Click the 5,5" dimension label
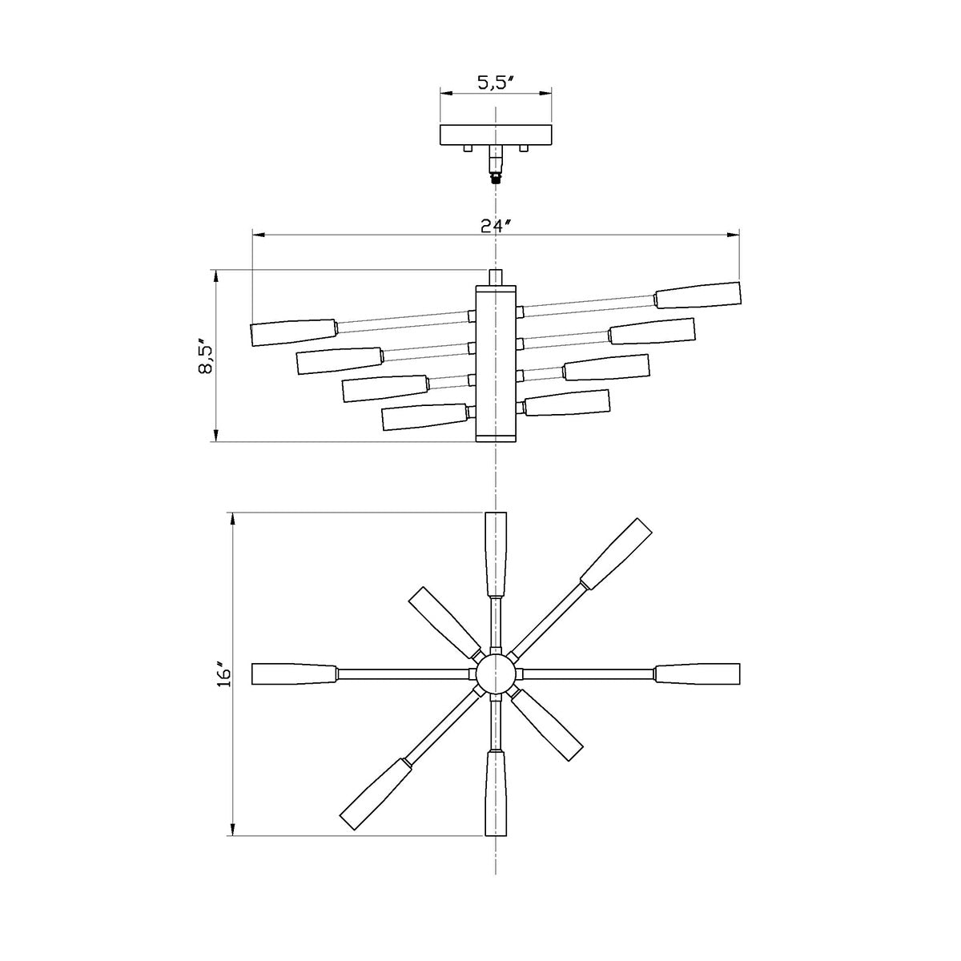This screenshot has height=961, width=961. click(x=496, y=82)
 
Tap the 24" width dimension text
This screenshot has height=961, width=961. click(x=496, y=225)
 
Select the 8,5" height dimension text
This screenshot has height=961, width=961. click(x=206, y=356)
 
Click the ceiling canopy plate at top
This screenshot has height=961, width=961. click(x=496, y=135)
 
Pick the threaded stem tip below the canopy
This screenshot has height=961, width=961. click(x=497, y=178)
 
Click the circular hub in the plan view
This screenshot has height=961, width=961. click(x=496, y=674)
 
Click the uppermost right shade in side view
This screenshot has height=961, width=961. click(x=698, y=296)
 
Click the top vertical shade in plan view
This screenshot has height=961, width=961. click(x=497, y=554)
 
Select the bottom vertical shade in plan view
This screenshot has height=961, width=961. click(x=497, y=793)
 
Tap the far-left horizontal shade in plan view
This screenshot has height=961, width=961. click(x=293, y=674)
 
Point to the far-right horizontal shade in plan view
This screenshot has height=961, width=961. click(x=697, y=674)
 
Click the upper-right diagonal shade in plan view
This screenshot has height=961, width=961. click(x=616, y=553)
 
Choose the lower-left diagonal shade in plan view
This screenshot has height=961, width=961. click(x=376, y=794)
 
